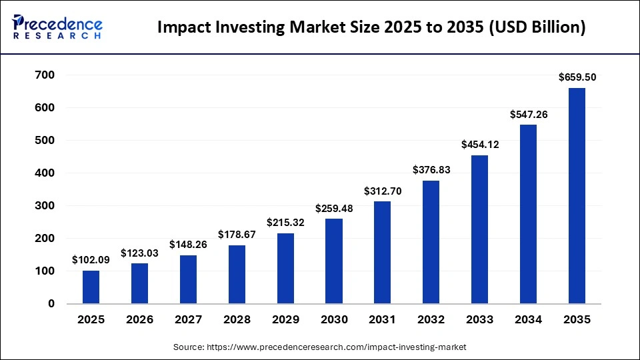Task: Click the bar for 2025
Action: pyautogui.click(x=91, y=287)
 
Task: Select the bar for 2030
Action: pyautogui.click(x=334, y=261)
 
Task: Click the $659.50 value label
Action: pyautogui.click(x=577, y=77)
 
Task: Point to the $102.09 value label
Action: pyautogui.click(x=91, y=259)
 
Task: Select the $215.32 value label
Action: pyautogui.click(x=285, y=222)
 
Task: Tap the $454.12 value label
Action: pyautogui.click(x=480, y=144)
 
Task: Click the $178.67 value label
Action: pyautogui.click(x=237, y=234)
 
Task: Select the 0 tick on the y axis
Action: pyautogui.click(x=50, y=303)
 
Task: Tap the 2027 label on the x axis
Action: pyautogui.click(x=188, y=320)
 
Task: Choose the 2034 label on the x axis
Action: pyautogui.click(x=528, y=320)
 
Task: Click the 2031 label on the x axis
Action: pyautogui.click(x=383, y=320)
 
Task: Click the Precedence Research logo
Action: pyautogui.click(x=57, y=27)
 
